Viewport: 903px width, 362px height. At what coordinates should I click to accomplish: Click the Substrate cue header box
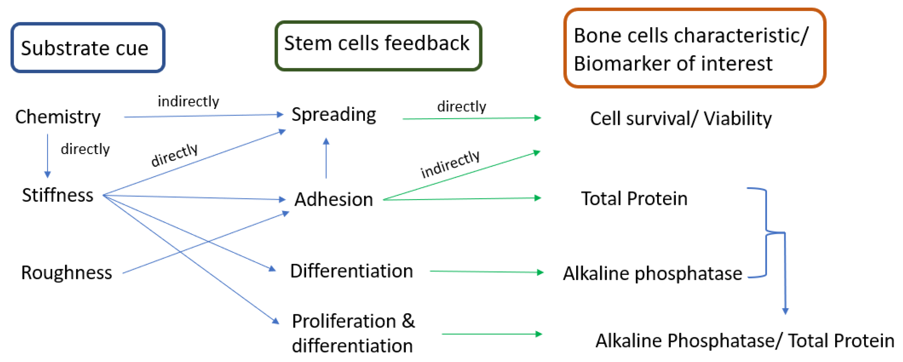point(88,48)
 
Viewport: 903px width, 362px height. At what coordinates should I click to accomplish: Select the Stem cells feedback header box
point(378,45)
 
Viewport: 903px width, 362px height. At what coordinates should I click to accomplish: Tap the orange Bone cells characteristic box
point(694,48)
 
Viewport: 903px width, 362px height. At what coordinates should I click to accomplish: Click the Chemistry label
point(58,117)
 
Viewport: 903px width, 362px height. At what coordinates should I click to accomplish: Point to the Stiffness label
point(58,195)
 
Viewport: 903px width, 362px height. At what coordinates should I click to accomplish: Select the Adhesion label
point(333,200)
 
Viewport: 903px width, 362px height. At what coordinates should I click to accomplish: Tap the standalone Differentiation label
point(352,271)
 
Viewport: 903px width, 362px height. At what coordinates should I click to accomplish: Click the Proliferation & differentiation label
point(353,333)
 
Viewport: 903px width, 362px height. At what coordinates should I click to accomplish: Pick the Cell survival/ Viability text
point(680,119)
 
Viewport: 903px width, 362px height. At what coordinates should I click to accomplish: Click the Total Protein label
point(634,199)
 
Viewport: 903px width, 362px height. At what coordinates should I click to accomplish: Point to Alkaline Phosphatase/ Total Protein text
point(745,341)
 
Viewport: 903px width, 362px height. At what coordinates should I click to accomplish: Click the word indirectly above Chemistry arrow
point(188,102)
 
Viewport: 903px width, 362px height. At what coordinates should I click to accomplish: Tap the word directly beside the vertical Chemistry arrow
point(85,149)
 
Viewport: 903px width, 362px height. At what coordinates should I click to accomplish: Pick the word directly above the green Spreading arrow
point(461,107)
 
